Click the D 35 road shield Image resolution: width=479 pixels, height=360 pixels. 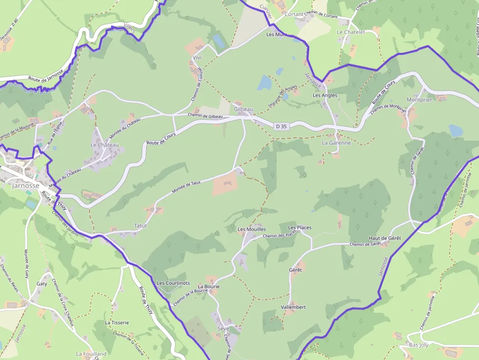(x=281, y=127)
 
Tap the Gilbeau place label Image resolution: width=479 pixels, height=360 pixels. (x=243, y=109)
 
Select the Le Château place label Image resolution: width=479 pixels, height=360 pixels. (x=105, y=145)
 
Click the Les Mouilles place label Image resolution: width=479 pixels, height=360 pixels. (x=252, y=229)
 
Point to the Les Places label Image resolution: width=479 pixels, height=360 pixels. (x=300, y=228)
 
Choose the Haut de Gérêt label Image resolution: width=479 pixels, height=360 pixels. (x=385, y=238)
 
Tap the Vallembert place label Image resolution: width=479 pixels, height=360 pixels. (x=293, y=307)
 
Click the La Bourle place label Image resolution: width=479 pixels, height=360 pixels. (x=209, y=286)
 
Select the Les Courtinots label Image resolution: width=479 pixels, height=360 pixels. (x=174, y=283)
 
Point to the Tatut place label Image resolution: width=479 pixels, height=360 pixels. (x=140, y=226)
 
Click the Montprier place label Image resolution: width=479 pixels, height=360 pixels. (x=419, y=100)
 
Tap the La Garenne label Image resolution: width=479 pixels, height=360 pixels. (x=336, y=143)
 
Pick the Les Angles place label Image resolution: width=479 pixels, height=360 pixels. (x=325, y=95)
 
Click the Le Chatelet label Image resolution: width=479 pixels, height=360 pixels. (x=351, y=32)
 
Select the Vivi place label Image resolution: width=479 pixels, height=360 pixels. (x=197, y=58)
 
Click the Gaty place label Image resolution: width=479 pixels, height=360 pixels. (x=42, y=284)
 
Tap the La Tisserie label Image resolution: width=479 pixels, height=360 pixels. (x=117, y=322)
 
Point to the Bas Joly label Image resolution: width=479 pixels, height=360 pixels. (x=418, y=345)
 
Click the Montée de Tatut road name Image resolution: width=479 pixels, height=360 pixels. (x=186, y=187)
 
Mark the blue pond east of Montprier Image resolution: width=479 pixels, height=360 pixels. (x=455, y=130)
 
